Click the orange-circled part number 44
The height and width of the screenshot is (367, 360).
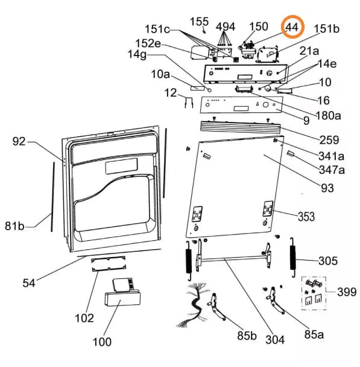292,27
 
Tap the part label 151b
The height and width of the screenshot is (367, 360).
327,29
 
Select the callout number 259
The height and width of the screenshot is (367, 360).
329,139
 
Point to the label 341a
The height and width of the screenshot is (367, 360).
331,156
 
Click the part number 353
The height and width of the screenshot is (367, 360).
306,217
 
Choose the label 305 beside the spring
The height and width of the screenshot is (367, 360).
328,261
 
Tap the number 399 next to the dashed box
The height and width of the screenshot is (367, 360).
347,292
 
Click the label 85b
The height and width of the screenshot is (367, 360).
247,336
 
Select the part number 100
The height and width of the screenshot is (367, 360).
102,342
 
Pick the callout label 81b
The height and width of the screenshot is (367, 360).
14,226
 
